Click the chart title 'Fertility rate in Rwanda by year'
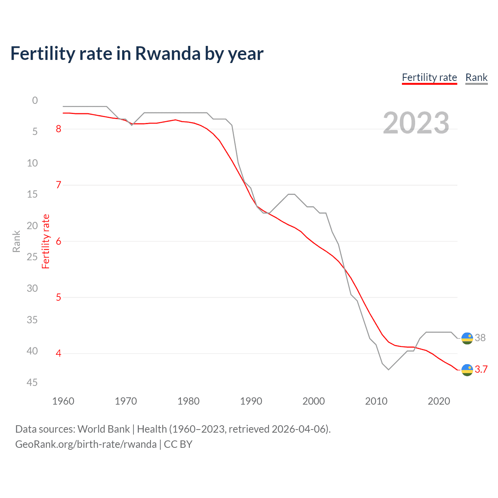pos(137,54)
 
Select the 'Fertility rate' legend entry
pos(429,77)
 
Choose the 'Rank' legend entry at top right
pos(476,77)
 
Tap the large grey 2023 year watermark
pos(416,123)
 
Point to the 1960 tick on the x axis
pos(63,401)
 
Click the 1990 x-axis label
pos(251,401)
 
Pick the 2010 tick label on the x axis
pos(376,401)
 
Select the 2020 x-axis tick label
pos(439,401)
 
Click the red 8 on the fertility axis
pos(58,129)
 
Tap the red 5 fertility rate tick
pos(58,298)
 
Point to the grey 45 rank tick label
pos(32,382)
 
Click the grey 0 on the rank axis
pos(35,100)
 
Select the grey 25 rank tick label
pos(32,257)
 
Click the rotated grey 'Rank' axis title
pos(16,241)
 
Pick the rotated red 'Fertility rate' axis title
pos(46,241)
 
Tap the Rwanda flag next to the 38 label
pos(467,338)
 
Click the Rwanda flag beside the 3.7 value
pos(467,370)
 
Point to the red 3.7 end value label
pos(481,370)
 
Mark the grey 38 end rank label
pos(480,338)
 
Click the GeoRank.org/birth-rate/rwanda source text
pos(86,444)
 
